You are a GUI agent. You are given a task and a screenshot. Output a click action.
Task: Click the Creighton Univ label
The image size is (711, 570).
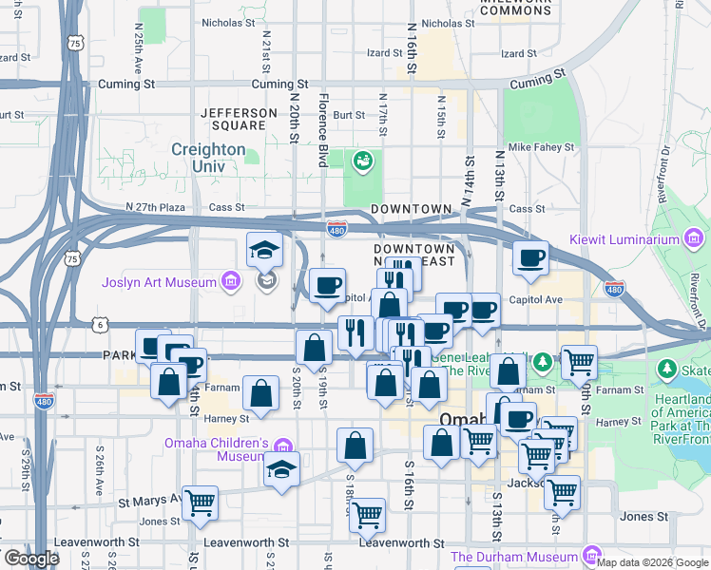coord(208,159)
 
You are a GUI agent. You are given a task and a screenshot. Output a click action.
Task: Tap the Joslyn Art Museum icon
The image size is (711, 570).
coord(229,281)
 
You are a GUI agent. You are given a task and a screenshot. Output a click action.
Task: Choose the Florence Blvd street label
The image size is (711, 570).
coord(323,130)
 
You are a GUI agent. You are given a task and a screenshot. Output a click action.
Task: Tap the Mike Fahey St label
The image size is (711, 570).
coord(542,147)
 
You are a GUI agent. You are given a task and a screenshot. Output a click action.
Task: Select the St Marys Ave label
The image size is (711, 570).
coord(148,502)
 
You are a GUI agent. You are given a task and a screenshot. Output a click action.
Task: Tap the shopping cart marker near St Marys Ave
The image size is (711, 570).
coord(200,503)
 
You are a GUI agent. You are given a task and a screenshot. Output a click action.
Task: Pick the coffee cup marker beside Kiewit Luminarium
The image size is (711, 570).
coord(530,256)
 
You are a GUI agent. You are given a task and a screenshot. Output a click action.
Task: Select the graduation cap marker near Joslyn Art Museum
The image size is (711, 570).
coord(264,249)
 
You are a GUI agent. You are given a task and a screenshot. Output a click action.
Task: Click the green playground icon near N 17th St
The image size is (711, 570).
coord(362,161)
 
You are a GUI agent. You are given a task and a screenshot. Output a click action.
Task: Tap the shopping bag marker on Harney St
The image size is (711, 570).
coord(260,393)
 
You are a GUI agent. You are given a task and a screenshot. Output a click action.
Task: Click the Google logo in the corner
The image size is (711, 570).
coord(30,559)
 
